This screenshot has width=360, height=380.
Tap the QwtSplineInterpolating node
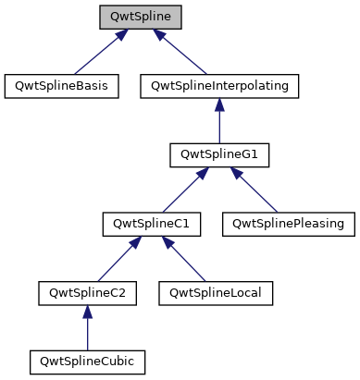pyautogui.click(x=218, y=86)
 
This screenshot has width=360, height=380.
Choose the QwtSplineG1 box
pyautogui.click(x=218, y=155)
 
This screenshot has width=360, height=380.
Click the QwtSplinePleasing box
pyautogui.click(x=288, y=224)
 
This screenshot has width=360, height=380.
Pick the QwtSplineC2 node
pyautogui.click(x=88, y=293)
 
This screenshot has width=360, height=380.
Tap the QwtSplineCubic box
pyautogui.click(x=88, y=362)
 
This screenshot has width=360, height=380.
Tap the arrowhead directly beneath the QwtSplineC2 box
pyautogui.click(x=88, y=313)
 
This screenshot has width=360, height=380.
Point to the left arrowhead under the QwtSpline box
pyautogui.click(x=120, y=34)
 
